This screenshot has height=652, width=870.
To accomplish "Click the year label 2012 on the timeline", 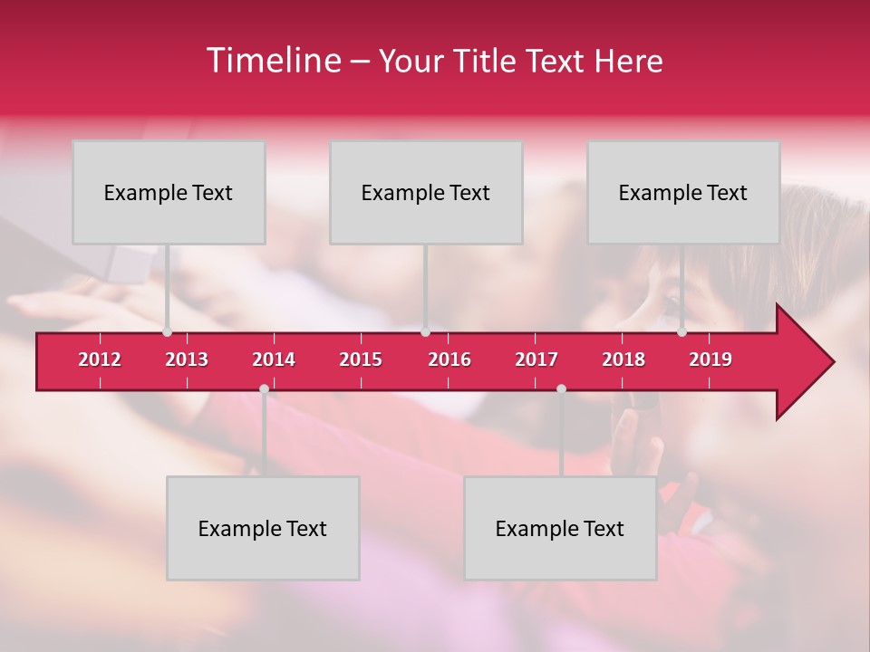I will point(100,360).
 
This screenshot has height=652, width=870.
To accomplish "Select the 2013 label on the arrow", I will point(187,360).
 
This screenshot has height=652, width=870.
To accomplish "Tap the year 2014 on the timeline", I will point(274,360).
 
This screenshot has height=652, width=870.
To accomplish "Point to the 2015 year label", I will point(361,360).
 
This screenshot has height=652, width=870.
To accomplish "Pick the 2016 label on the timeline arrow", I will point(449,360).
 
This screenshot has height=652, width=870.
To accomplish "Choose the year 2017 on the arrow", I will point(536,360).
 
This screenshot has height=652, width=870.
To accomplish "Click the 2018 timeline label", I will point(623,360).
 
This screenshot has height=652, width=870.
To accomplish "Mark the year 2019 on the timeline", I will point(710,360).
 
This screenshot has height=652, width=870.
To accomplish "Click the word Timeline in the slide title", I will point(273,61).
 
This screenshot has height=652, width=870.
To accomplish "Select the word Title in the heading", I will point(486,62).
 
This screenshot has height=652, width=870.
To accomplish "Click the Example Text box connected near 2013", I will point(169,192).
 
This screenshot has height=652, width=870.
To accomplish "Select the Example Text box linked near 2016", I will point(426,192).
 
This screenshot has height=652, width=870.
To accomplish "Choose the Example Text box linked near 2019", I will point(683,192).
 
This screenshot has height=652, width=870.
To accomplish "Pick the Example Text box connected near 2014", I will point(263,528).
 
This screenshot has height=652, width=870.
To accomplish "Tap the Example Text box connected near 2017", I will point(560,528).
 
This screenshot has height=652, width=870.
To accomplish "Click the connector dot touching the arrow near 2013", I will point(167,332).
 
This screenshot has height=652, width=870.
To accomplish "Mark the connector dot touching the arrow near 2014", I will point(264,389).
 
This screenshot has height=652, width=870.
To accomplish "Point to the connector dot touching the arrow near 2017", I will point(561,389).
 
